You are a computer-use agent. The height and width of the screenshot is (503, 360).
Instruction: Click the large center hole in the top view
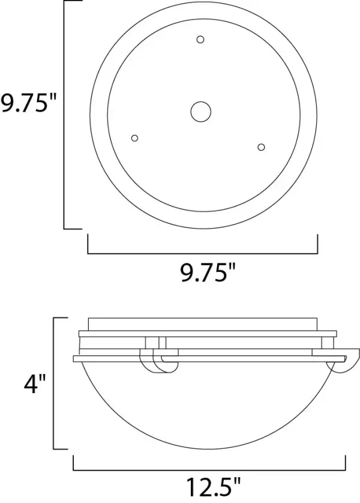[200, 112]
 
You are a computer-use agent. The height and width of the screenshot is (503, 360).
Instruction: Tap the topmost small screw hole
[200, 40]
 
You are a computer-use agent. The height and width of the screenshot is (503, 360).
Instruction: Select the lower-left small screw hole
[134, 138]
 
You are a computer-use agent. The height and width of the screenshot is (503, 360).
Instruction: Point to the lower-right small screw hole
[261, 147]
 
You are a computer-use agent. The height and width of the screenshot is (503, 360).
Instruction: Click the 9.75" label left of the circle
[28, 104]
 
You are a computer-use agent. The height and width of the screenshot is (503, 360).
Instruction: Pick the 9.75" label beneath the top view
[208, 273]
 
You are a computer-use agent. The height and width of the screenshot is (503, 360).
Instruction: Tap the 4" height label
[35, 384]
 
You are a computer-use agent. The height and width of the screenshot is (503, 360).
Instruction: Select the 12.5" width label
[213, 487]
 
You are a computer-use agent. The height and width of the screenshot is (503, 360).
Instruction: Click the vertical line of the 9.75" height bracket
[64, 115]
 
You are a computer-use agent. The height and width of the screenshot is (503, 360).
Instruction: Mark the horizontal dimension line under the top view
[203, 254]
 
